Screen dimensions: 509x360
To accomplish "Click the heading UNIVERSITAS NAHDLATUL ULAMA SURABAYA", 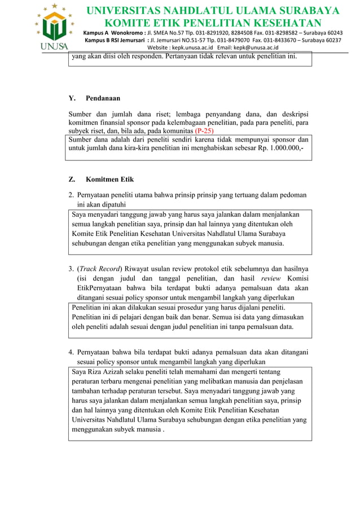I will tap(212, 11).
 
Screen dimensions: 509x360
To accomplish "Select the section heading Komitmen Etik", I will tap(110, 179).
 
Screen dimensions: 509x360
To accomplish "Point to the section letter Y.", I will tap(71, 98).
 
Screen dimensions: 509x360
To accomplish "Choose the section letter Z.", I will tap(71, 179).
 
